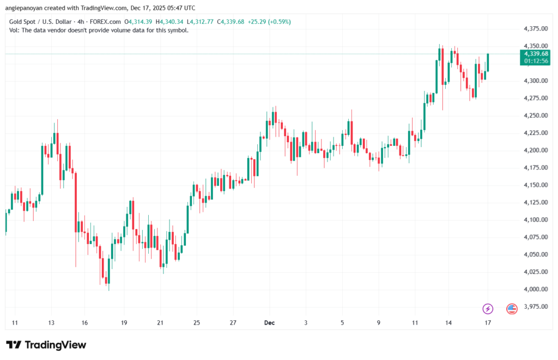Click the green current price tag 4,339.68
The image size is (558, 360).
click(x=536, y=54)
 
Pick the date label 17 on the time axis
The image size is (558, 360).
click(x=488, y=322)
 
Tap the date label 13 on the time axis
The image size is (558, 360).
click(x=51, y=322)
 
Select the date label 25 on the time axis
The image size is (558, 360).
click(x=197, y=322)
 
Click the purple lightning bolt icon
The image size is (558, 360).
click(x=488, y=309)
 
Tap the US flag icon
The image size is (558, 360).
click(x=512, y=309)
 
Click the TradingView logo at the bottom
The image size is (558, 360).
click(x=46, y=345)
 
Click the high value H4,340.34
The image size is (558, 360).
click(x=169, y=22)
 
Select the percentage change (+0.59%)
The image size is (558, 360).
click(x=278, y=22)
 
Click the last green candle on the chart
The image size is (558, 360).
click(x=488, y=63)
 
